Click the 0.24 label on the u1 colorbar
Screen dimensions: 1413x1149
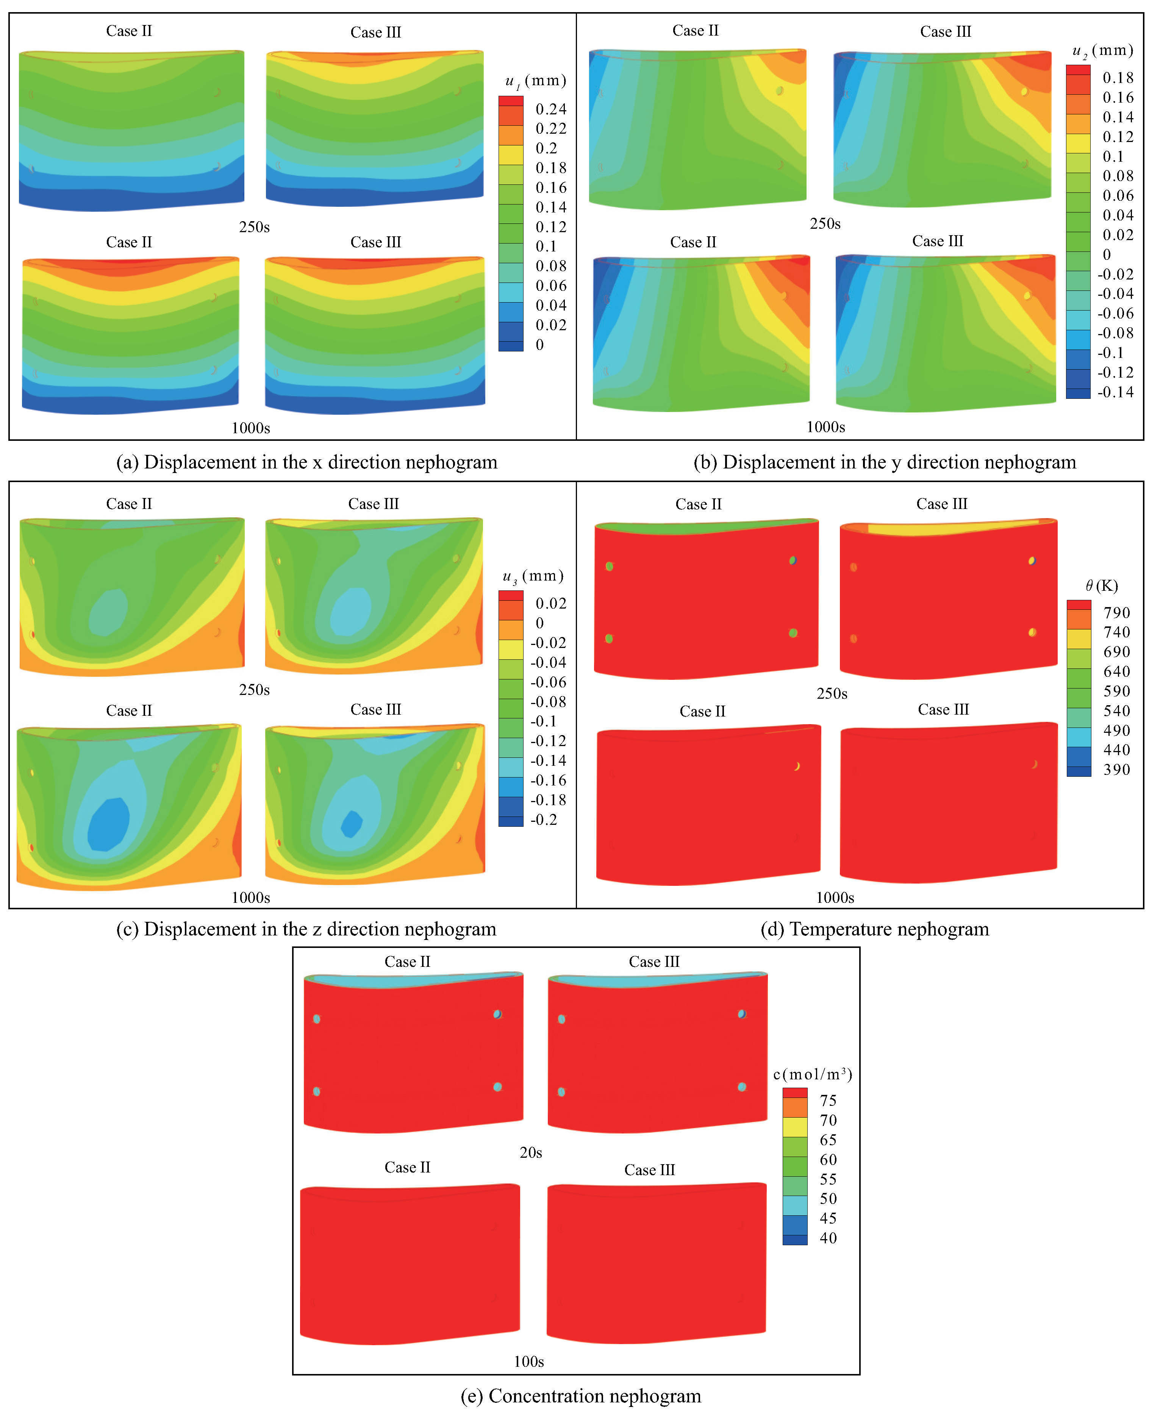[551, 109]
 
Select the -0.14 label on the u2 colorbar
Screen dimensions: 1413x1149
[1115, 392]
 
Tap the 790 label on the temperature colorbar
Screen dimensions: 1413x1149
[1116, 612]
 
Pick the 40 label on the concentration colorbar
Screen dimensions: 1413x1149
[828, 1238]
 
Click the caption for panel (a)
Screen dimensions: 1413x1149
[306, 462]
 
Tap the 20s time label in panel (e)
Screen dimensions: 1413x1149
[530, 1152]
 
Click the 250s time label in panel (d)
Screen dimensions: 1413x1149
[831, 693]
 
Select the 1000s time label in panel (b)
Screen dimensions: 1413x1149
[825, 427]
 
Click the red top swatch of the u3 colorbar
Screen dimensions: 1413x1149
[510, 595]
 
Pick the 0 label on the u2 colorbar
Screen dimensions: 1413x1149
[1107, 254]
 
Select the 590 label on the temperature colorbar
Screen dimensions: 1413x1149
[1116, 691]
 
